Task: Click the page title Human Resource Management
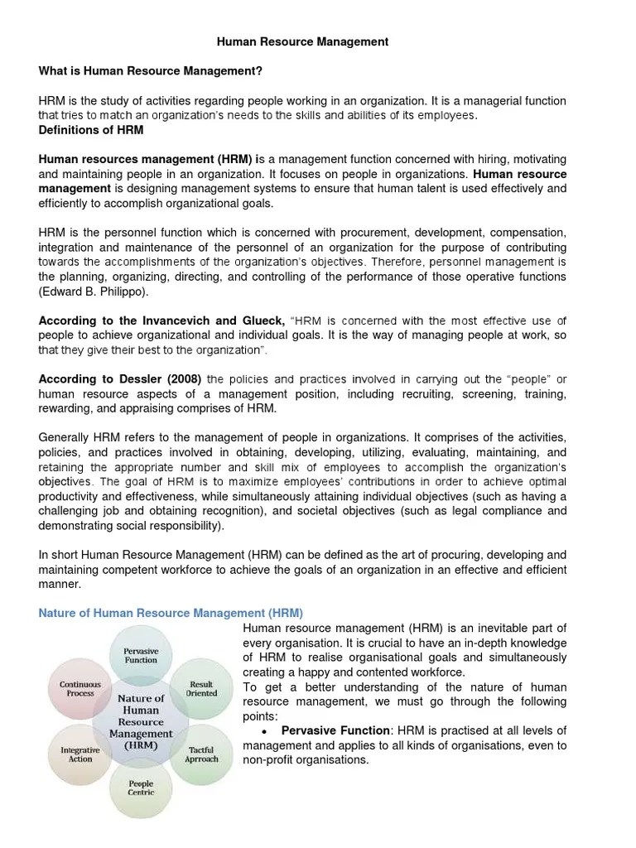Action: click(302, 41)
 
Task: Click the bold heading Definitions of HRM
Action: click(91, 130)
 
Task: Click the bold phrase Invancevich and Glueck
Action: click(216, 320)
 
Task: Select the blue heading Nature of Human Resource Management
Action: click(171, 613)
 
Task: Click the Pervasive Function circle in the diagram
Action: click(141, 656)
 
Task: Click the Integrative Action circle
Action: click(80, 754)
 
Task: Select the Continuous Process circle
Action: click(80, 689)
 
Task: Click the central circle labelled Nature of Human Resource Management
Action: click(141, 720)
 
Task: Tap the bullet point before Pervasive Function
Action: click(263, 731)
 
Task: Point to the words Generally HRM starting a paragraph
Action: click(76, 437)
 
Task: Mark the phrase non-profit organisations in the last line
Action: click(305, 760)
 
